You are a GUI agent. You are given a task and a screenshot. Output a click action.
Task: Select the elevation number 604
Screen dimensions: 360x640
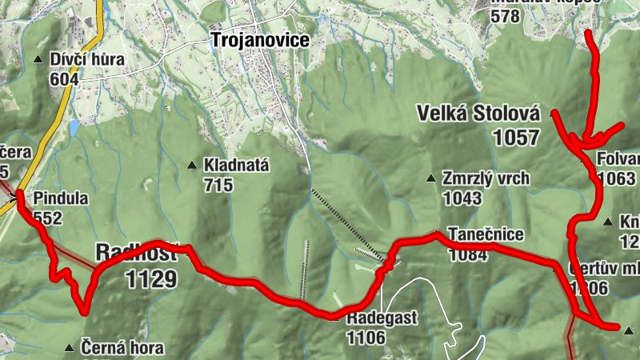coord(64,78)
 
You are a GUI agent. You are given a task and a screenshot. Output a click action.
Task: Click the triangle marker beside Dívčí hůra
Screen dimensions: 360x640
coord(38,60)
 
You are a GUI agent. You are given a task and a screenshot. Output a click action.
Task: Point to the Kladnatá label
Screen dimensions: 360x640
coord(236,166)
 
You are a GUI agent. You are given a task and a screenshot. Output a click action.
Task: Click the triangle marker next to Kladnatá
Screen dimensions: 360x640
coord(192,166)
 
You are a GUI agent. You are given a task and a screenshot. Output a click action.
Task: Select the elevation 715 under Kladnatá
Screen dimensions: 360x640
coord(218,186)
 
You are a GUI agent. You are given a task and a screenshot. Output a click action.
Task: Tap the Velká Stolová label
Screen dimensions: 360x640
coord(479,114)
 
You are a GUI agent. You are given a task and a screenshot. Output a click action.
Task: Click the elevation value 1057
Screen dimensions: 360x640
coord(516,138)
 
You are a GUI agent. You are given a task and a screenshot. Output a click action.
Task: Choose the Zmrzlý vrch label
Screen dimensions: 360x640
coord(486,178)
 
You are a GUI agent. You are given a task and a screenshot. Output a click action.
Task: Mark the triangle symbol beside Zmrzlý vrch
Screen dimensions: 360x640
coord(431,178)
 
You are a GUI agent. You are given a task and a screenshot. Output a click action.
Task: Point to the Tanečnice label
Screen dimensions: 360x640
coord(486,234)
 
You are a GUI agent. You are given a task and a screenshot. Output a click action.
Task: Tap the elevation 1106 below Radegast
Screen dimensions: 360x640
coord(366,338)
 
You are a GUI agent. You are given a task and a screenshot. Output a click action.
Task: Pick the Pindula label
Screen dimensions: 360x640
coord(61,198)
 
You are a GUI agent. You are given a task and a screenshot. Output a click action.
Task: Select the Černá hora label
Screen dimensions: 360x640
coord(122,348)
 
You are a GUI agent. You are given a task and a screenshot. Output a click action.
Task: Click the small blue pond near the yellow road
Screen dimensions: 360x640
coord(74,127)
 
